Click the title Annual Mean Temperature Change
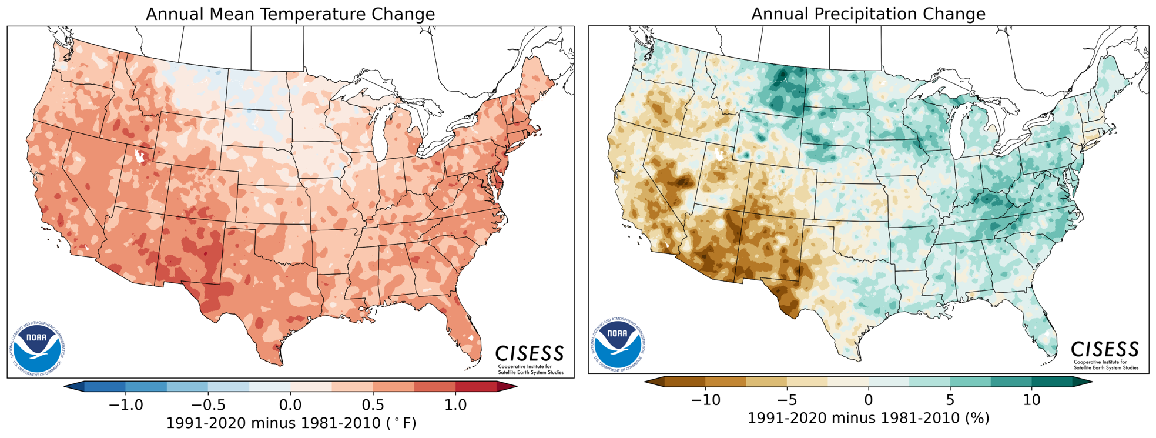290,14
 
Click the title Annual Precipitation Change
868,14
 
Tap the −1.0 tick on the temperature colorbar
126,404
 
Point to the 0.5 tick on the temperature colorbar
373,404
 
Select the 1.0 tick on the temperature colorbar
455,404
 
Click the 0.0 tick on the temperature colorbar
290,404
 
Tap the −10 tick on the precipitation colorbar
705,400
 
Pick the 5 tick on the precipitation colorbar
950,400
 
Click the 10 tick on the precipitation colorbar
1032,400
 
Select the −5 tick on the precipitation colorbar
787,400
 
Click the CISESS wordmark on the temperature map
530,354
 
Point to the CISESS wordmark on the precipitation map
1105,349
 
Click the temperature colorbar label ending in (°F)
291,423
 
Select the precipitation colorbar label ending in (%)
868,418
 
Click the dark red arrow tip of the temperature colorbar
507,386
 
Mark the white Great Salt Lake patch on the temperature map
140,156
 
